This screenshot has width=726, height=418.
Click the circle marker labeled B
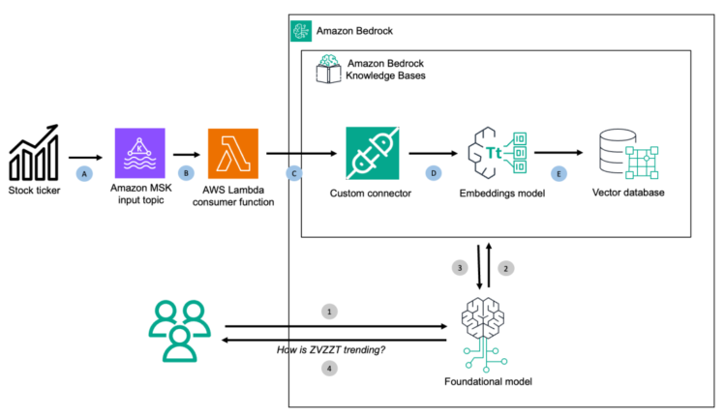pos(188,173)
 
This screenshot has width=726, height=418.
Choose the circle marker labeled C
pos(293,173)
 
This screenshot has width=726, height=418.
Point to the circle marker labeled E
pos(558,173)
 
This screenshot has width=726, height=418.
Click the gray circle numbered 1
pos(329,313)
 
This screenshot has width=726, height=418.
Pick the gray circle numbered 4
pos(329,369)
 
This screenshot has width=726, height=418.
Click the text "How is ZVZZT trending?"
pos(331,349)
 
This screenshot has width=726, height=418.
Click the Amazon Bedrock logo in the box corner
pos(301,32)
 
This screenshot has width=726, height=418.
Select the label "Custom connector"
pos(373,192)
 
